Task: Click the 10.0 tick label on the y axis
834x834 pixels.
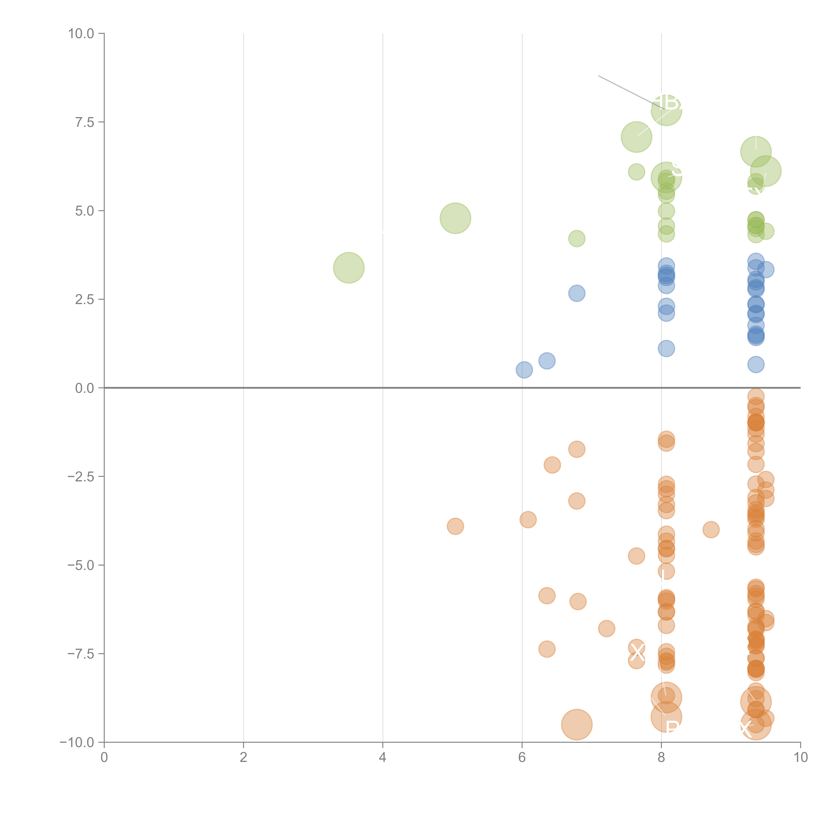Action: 81,34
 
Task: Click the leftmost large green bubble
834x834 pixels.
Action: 349,268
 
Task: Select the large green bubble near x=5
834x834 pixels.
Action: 455,218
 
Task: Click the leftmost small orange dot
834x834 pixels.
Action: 455,526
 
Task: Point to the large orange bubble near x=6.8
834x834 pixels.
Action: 577,724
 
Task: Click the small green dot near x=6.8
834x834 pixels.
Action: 577,238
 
